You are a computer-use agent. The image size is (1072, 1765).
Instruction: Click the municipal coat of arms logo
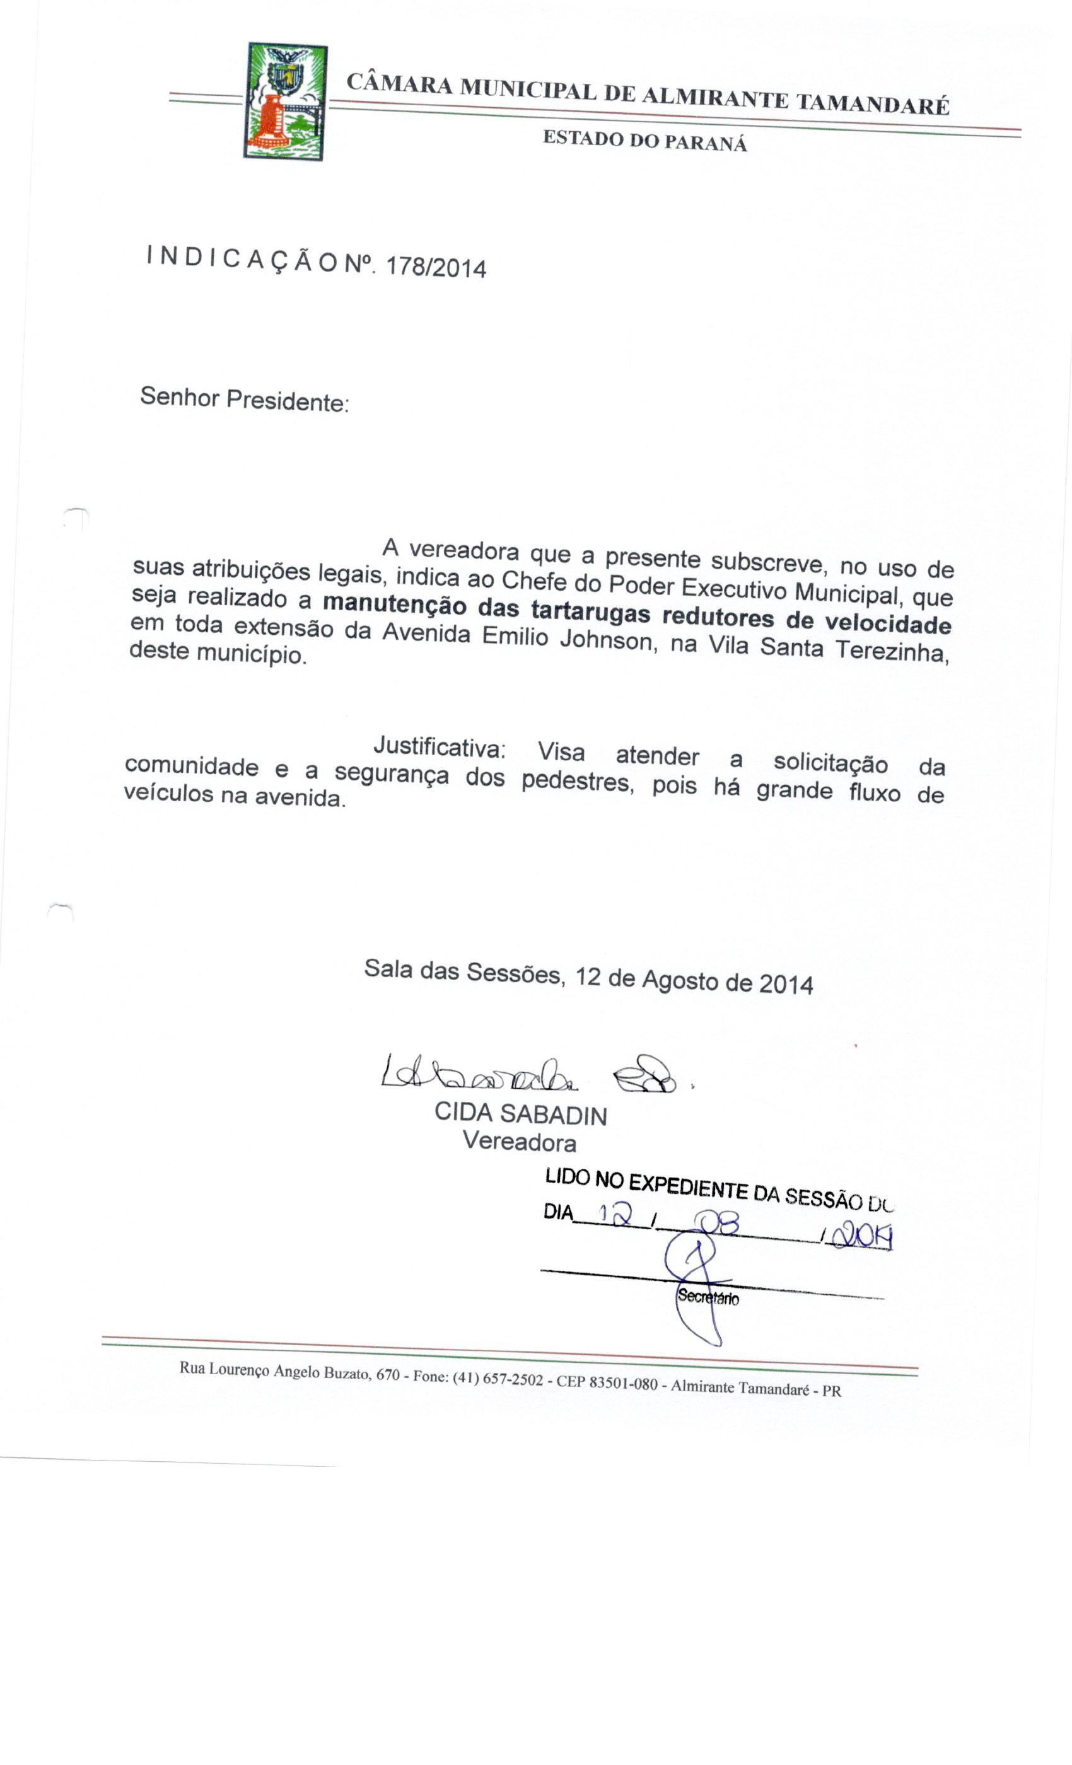point(285,101)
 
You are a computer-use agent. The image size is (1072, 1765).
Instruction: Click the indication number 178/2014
point(436,267)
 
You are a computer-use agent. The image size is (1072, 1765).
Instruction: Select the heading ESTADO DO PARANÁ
point(644,141)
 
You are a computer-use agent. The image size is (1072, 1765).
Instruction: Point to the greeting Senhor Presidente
point(245,400)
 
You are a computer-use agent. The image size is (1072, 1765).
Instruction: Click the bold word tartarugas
point(590,613)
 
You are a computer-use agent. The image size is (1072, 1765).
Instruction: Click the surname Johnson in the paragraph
point(605,639)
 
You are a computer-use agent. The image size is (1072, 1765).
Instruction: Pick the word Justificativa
point(440,747)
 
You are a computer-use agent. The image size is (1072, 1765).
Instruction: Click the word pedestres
point(577,781)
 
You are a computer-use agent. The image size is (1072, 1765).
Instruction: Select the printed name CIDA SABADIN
point(520,1113)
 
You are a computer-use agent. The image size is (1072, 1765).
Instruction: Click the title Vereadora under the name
point(519,1140)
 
